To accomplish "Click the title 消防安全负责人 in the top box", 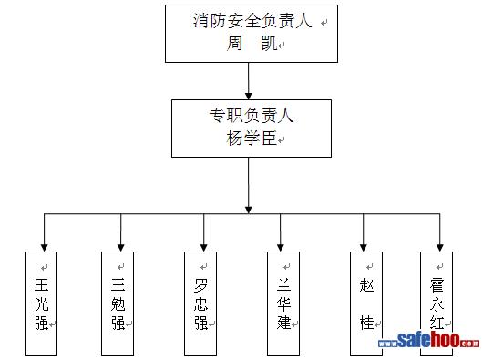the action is [252, 21].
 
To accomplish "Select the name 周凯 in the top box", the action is [252, 43].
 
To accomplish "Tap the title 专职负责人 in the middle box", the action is [252, 115].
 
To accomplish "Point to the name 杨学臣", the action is [252, 138].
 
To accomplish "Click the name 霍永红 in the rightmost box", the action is [437, 303].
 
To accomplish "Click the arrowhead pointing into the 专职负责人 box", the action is [249, 96].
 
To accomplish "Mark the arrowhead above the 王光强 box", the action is [45, 248].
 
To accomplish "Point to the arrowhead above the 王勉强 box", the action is [121, 248].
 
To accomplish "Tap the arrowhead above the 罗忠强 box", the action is [204, 248].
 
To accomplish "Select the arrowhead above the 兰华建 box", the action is [281, 248].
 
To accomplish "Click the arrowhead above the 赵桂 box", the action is [364, 248].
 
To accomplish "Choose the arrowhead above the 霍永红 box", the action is [440, 248].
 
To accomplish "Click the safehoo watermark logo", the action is [429, 341].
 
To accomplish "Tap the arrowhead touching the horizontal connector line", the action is [249, 210].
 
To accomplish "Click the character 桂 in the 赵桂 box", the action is [366, 323].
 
